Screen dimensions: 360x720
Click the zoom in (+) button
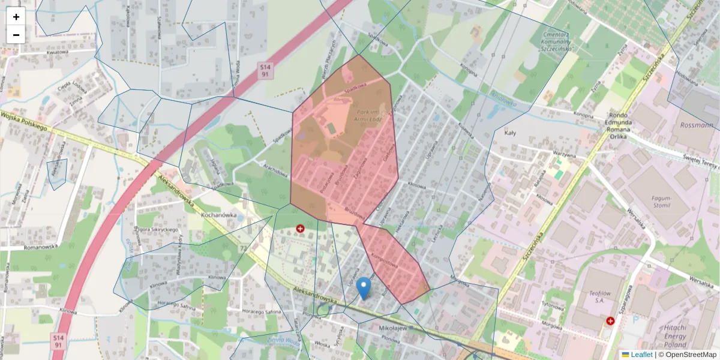pos(16,17)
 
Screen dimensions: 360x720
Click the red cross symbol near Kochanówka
pos(301,229)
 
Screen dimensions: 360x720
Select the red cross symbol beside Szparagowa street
pos(611,321)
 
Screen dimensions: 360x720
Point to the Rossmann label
pos(698,125)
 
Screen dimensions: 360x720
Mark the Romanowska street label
pos(40,247)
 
